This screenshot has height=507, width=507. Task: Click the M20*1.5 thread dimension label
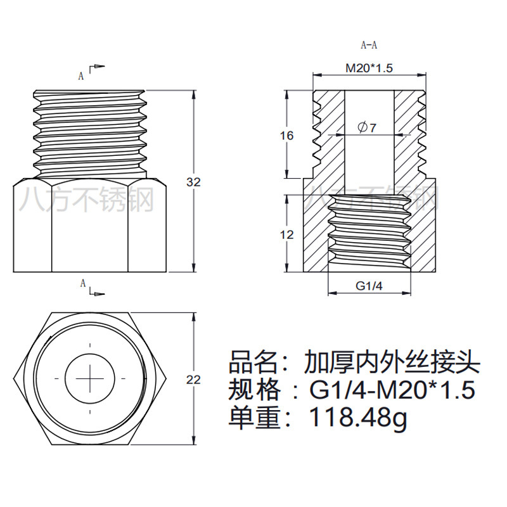pos(369,68)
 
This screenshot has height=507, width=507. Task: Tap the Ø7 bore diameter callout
pos(368,128)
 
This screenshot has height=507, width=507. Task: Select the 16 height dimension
pos(287,136)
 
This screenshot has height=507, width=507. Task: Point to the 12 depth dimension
pos(287,234)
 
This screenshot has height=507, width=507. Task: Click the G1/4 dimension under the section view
pos(369,286)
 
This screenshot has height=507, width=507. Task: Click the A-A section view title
pos(369,45)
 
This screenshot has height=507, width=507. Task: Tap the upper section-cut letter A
pos(81,76)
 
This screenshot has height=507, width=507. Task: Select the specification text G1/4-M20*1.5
pos(392,389)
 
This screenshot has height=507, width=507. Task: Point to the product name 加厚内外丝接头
pos(392,362)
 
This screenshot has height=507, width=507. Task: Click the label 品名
pos(253,362)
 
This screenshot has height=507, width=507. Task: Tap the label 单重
pos(253,417)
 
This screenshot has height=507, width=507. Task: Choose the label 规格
pos(253,389)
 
